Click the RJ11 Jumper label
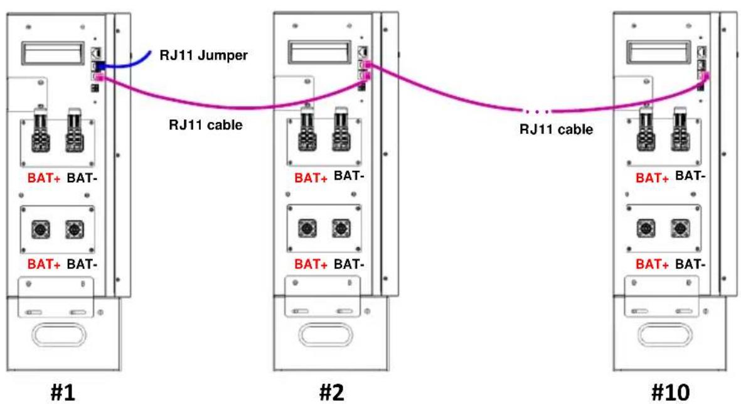(204, 55)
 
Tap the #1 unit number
(62, 392)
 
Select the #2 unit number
(332, 392)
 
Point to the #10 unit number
(670, 392)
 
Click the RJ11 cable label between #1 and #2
(206, 125)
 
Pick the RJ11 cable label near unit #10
(557, 129)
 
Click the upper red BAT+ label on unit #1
(44, 178)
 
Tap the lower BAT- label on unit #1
(82, 264)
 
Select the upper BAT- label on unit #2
(349, 176)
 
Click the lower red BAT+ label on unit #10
(652, 264)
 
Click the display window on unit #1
(53, 53)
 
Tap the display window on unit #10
(658, 52)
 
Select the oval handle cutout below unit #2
(326, 336)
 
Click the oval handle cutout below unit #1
(58, 336)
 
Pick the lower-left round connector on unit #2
(307, 229)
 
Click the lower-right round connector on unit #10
(680, 229)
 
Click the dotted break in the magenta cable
(536, 112)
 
